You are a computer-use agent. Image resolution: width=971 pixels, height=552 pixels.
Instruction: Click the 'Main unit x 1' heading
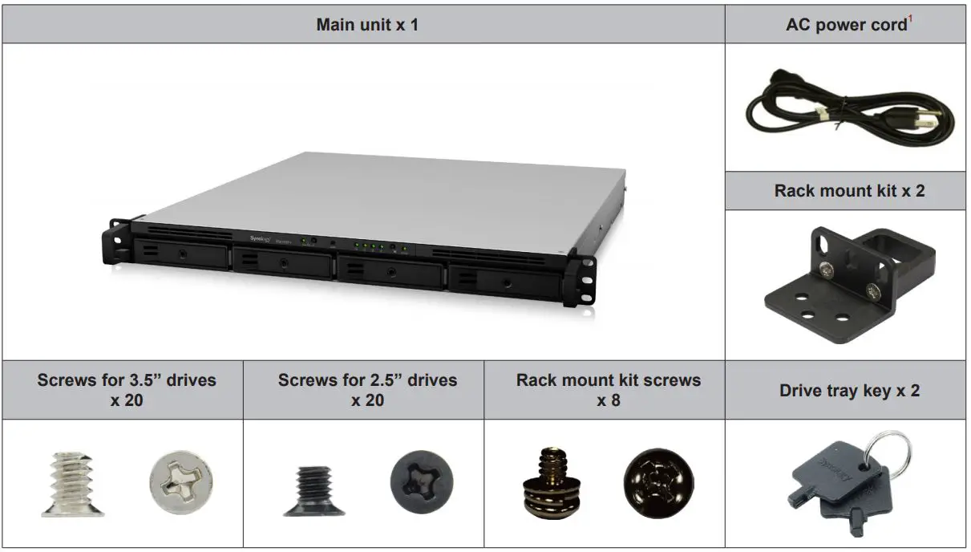(366, 24)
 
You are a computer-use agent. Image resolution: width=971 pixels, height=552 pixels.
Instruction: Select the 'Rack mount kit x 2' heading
(845, 191)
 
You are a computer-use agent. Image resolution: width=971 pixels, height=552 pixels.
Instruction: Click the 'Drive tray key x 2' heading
(849, 391)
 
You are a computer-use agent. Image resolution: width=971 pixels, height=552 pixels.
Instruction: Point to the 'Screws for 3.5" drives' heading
(127, 380)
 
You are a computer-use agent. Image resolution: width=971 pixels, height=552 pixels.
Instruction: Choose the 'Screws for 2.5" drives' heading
(367, 380)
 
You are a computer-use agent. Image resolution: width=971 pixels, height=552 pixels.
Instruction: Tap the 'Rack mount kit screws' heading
(608, 380)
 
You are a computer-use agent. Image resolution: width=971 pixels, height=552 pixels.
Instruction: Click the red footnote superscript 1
(911, 18)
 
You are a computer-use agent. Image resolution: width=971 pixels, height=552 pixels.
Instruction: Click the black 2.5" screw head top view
(422, 483)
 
